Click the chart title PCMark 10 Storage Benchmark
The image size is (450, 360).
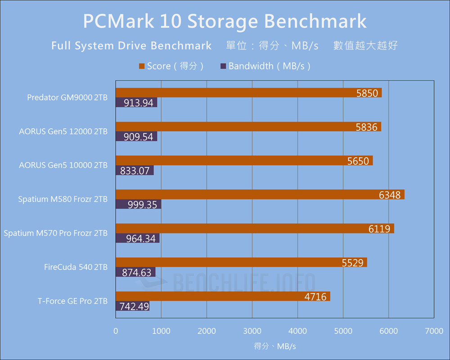(x=225, y=22)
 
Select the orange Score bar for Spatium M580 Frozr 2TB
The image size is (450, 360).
(x=260, y=194)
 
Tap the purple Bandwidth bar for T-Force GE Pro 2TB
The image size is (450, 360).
(x=132, y=306)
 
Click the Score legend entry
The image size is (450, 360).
(x=171, y=66)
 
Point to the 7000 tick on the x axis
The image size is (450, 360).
(x=434, y=331)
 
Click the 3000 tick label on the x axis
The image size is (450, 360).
(x=252, y=331)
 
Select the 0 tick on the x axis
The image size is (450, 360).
(x=116, y=331)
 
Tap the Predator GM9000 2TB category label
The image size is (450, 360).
(x=67, y=97)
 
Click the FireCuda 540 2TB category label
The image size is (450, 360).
(x=76, y=267)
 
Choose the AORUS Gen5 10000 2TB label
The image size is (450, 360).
(x=63, y=165)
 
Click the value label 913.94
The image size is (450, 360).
(x=139, y=103)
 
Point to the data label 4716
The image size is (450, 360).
(x=317, y=297)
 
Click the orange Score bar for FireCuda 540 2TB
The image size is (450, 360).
(x=241, y=262)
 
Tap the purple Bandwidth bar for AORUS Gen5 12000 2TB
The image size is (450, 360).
(x=136, y=137)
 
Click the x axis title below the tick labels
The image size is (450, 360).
(x=275, y=346)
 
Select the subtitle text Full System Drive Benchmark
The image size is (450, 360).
(x=131, y=46)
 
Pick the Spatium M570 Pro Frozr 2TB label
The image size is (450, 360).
(x=56, y=233)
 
